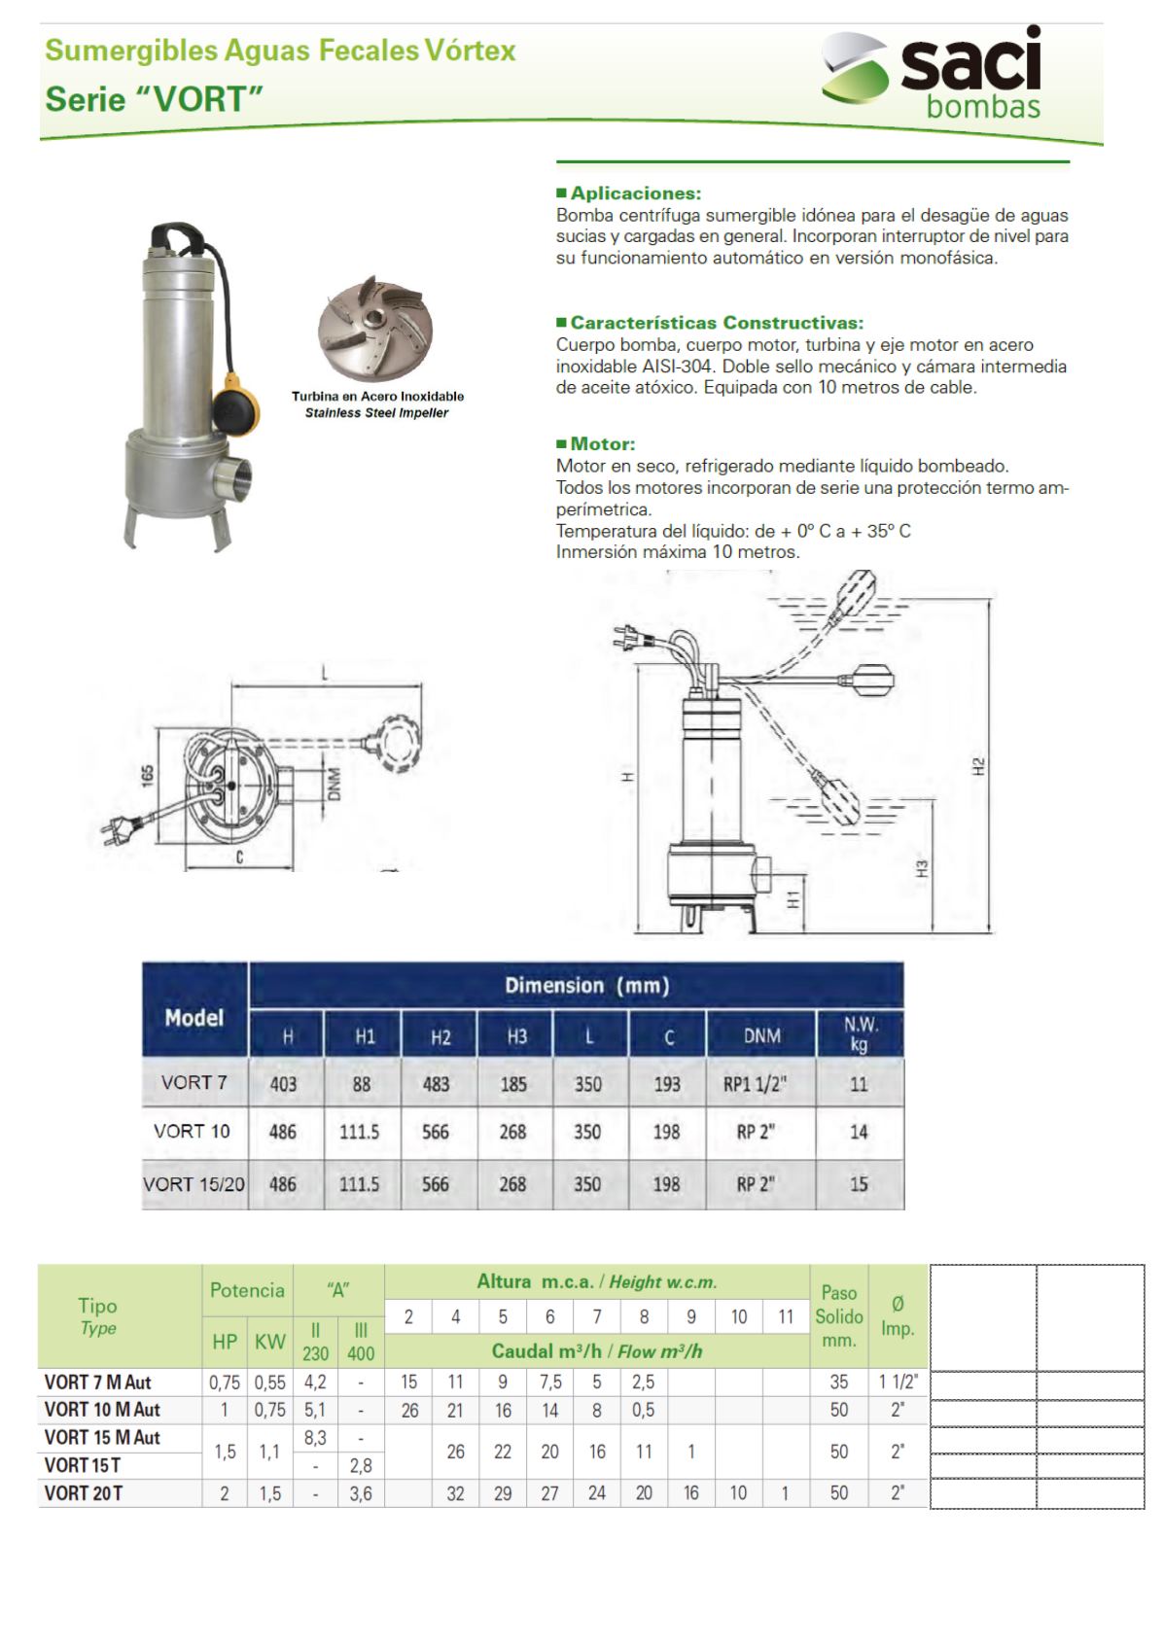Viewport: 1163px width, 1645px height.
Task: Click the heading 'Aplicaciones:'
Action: [635, 193]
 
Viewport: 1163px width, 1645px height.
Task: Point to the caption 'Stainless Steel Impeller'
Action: [376, 413]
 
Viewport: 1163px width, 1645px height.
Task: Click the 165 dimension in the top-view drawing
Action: [148, 777]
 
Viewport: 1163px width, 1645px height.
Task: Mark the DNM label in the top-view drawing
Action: [335, 785]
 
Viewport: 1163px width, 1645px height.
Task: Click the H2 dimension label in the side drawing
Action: [979, 766]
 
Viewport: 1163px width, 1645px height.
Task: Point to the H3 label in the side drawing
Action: [922, 868]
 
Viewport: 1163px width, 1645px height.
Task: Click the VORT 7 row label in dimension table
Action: [194, 1083]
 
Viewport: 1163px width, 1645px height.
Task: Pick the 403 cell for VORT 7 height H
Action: [284, 1084]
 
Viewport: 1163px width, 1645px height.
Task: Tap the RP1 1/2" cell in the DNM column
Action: [755, 1084]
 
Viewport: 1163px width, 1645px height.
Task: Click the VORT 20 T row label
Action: [84, 1493]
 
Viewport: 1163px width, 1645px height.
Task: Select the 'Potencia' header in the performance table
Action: [247, 1291]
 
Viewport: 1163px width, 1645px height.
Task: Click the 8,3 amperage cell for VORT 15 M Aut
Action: [315, 1438]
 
